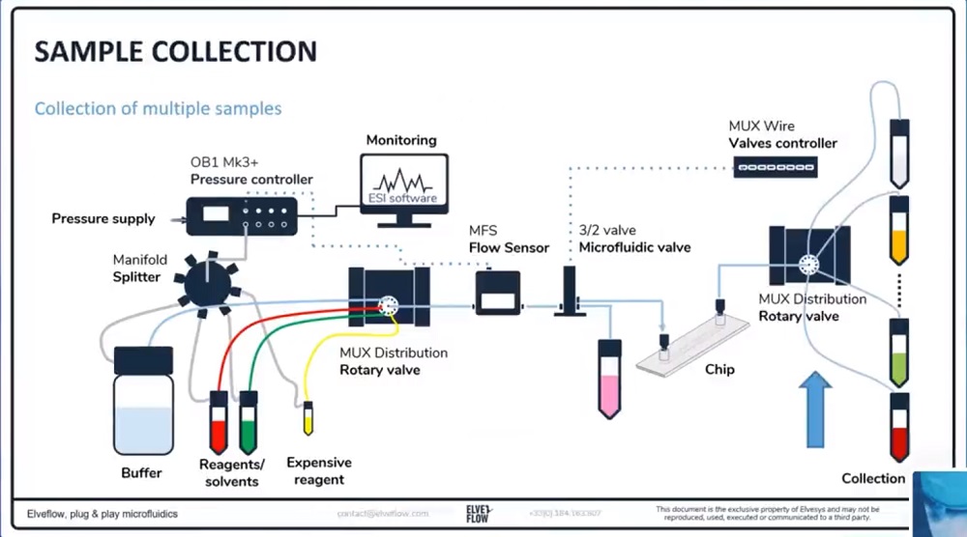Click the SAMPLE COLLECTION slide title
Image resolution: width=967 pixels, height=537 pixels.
pyautogui.click(x=175, y=51)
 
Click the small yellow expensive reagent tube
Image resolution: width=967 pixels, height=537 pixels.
pyautogui.click(x=308, y=418)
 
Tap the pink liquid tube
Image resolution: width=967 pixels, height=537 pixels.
pyautogui.click(x=609, y=379)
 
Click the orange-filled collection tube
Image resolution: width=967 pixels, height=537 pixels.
pyautogui.click(x=898, y=232)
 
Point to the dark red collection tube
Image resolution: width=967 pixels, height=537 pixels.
pyautogui.click(x=899, y=428)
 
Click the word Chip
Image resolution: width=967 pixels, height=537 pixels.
pyautogui.click(x=719, y=369)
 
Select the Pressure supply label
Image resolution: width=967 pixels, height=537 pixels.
pyautogui.click(x=103, y=219)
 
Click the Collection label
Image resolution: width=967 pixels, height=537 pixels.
pyautogui.click(x=873, y=478)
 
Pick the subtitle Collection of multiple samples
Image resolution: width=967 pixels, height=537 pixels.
pyautogui.click(x=158, y=108)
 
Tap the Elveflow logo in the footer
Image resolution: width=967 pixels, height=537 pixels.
pyautogui.click(x=479, y=512)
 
